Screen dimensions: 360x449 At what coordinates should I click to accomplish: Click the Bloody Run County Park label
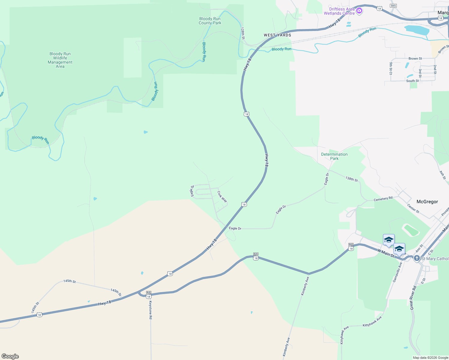click(x=210, y=21)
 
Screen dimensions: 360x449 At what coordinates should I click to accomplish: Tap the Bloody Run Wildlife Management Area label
click(x=60, y=60)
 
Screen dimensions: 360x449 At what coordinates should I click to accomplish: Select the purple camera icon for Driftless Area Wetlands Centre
click(x=359, y=11)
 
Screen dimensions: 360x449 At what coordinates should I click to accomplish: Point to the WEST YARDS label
click(x=277, y=35)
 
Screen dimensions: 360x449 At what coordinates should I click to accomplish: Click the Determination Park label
click(x=334, y=156)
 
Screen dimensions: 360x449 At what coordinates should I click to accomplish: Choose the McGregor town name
click(x=427, y=202)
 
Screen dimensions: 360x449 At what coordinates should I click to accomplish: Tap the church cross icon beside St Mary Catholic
click(x=417, y=258)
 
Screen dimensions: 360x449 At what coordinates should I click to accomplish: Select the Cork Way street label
click(x=222, y=196)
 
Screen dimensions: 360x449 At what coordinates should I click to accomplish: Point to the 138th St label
click(x=351, y=179)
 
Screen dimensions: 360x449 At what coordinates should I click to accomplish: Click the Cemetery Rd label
click(x=383, y=199)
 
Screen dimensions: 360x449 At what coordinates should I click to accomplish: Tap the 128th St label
click(x=243, y=33)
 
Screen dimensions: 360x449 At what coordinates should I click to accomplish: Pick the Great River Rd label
click(x=413, y=298)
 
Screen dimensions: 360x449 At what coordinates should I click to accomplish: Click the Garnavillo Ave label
click(x=397, y=272)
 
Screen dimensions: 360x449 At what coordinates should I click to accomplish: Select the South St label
click(x=412, y=81)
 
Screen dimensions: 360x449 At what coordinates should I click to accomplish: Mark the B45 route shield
click(x=393, y=6)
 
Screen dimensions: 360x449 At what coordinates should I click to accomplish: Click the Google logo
click(x=10, y=356)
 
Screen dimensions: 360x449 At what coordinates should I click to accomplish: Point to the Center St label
click(x=413, y=208)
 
